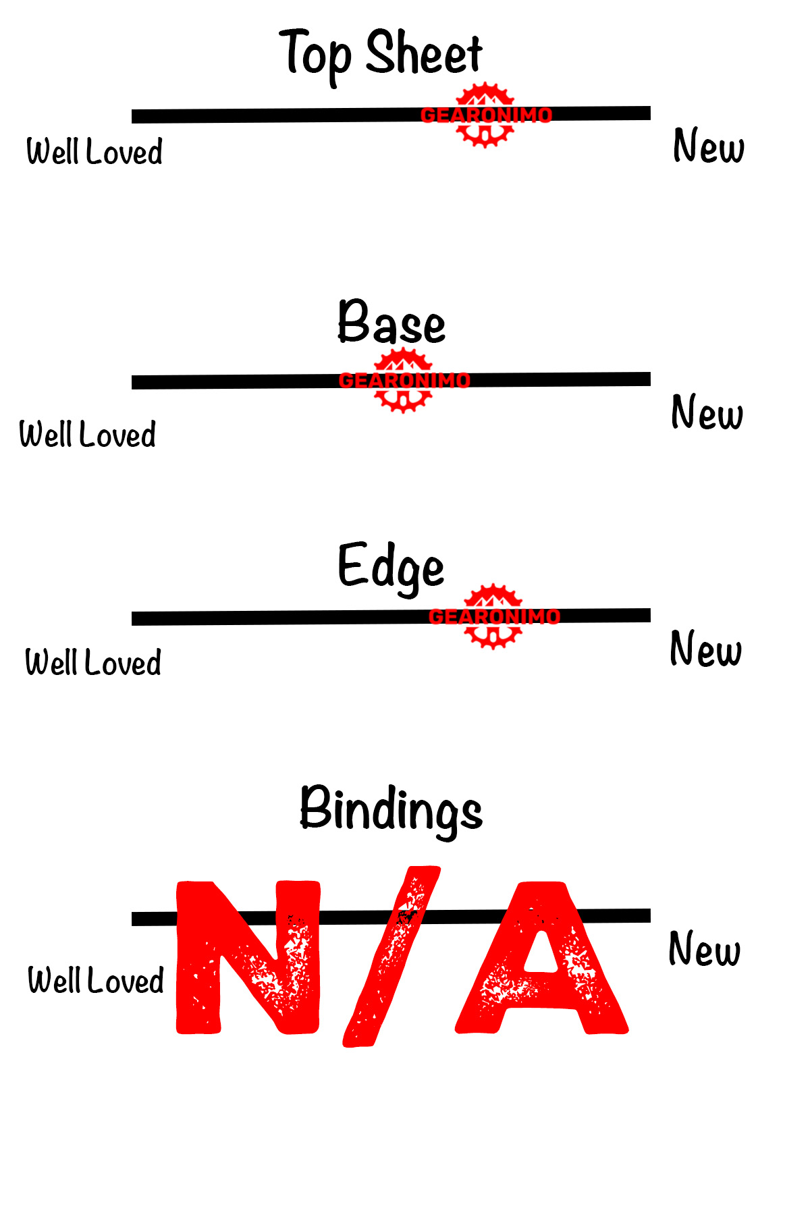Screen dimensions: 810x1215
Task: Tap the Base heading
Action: [x=391, y=321]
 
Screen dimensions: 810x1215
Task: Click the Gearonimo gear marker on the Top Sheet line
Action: [x=486, y=115]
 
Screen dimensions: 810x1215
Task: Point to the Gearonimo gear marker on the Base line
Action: [x=404, y=381]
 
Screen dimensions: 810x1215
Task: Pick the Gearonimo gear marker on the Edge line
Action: [x=494, y=616]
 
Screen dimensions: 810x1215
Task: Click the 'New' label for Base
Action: [x=707, y=412]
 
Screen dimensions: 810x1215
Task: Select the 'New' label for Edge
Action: [x=706, y=649]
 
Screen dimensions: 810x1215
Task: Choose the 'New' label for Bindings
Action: [x=705, y=948]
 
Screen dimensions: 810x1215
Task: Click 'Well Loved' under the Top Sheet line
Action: [x=94, y=151]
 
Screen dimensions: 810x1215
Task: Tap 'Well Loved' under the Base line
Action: [x=88, y=434]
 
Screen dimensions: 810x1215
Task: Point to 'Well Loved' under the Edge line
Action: [x=93, y=662]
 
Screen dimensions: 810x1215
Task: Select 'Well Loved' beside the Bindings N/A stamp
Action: [x=96, y=980]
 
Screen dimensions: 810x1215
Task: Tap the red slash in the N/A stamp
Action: [x=391, y=956]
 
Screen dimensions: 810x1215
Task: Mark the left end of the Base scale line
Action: [x=132, y=383]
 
